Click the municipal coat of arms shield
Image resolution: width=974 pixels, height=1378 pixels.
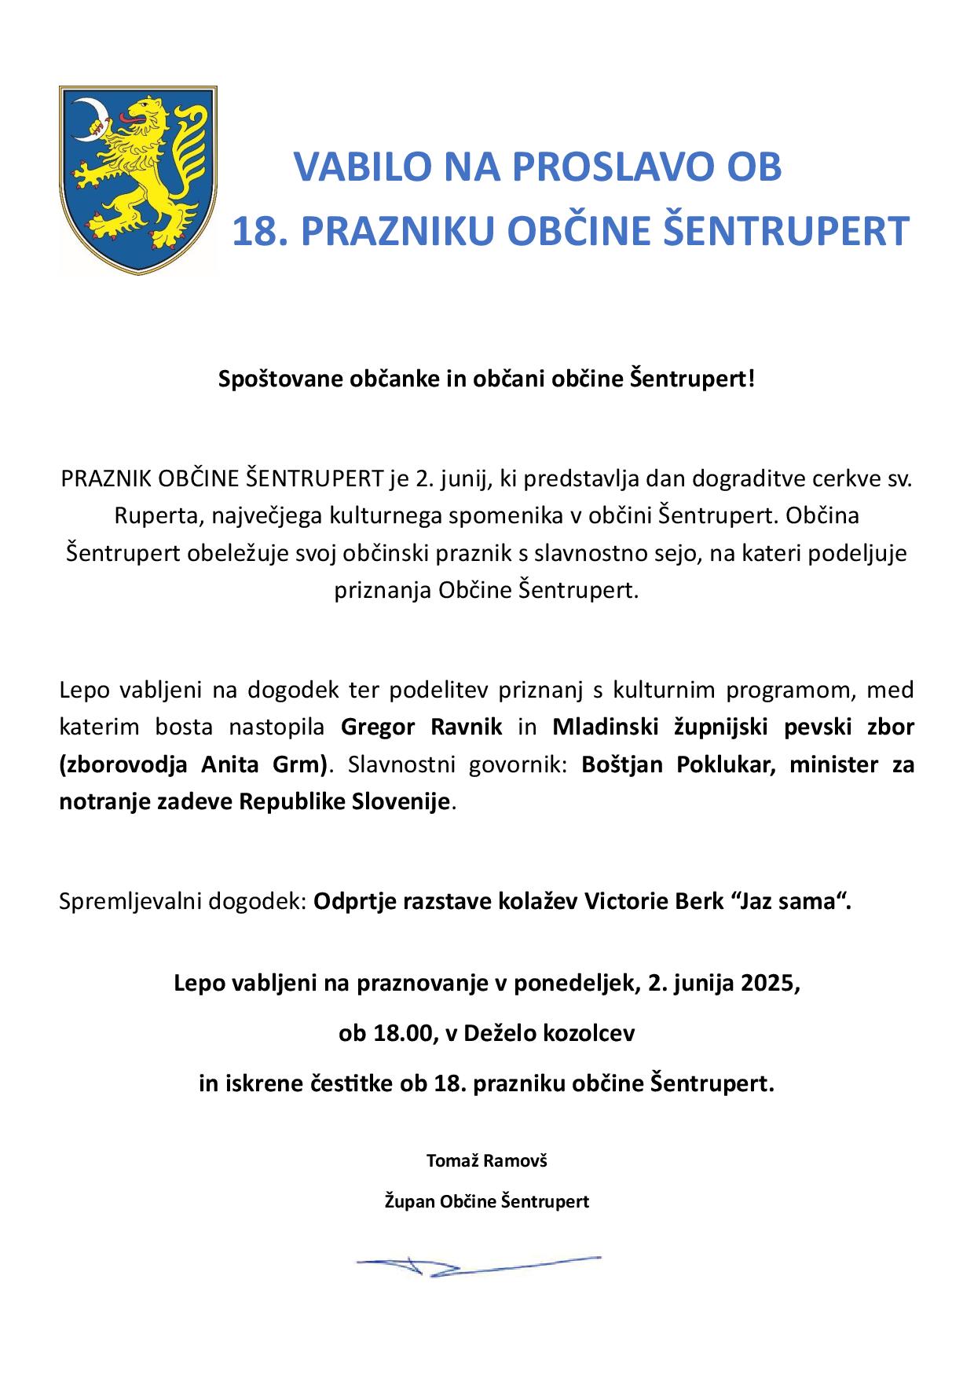(x=137, y=179)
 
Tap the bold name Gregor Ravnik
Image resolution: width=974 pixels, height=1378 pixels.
(x=422, y=727)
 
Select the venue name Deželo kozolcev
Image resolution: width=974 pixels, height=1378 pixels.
(x=549, y=1033)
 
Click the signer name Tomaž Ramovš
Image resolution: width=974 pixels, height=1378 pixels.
(x=486, y=1160)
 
